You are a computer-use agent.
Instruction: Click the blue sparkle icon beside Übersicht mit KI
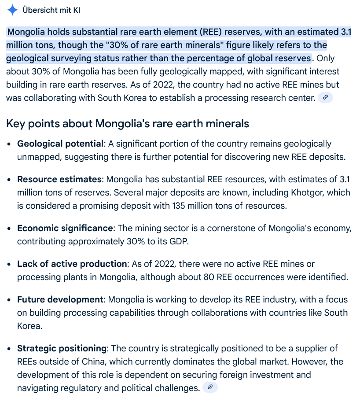coord(12,10)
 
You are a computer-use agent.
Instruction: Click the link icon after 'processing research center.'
coord(325,98)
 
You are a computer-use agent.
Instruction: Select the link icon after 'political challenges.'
coord(210,387)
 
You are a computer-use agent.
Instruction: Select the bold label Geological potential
coord(60,144)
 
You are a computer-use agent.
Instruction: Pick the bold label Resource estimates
coord(60,179)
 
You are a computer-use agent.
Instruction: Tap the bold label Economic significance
coord(65,228)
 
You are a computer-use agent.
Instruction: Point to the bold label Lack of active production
coord(72,264)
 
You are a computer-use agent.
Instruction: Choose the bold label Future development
coord(60,299)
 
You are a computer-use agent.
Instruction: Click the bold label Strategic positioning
coord(62,348)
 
